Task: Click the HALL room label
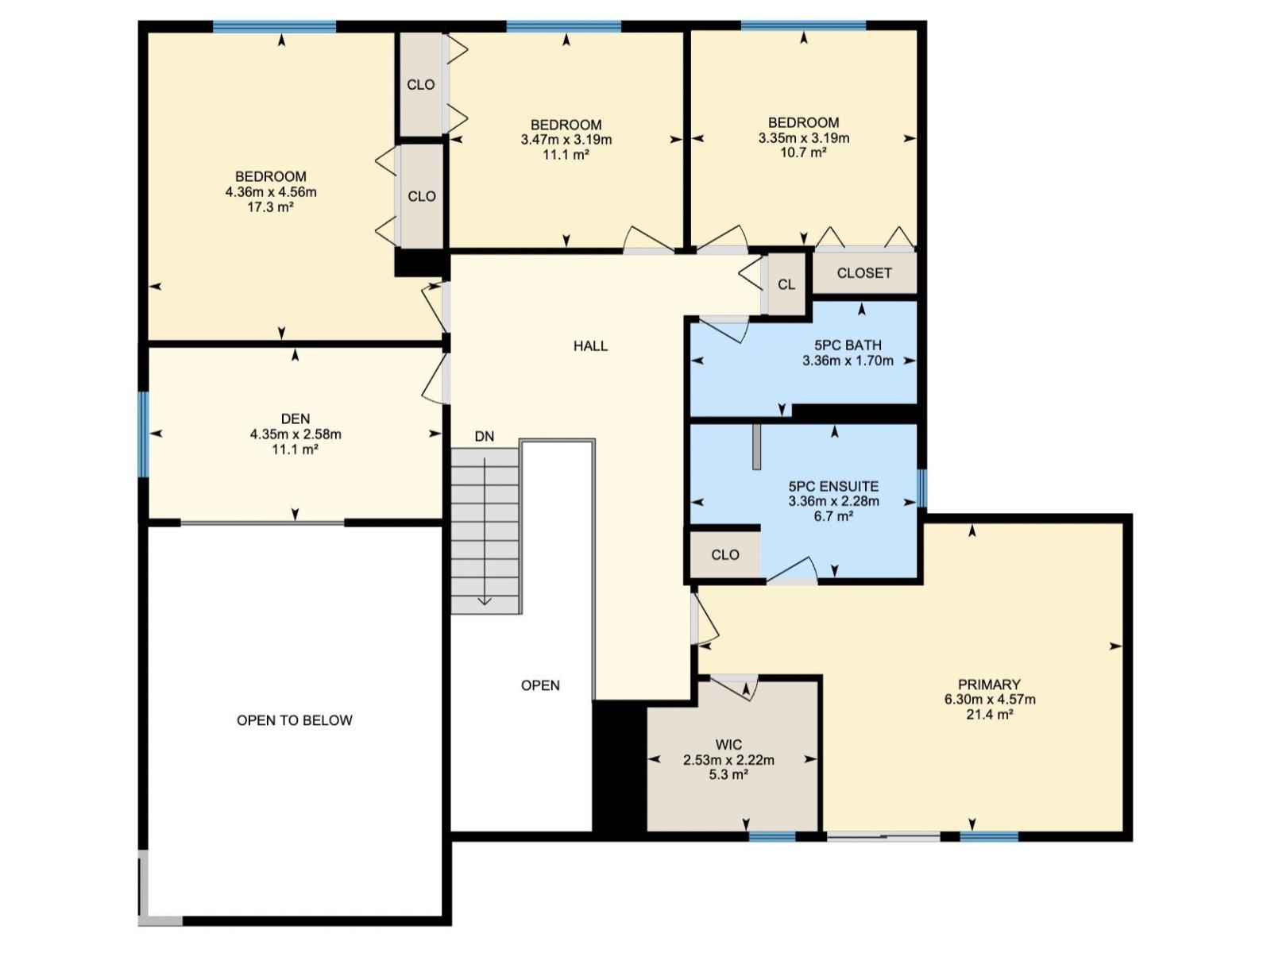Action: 590,345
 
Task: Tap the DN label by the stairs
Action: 484,436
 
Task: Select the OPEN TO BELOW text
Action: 295,720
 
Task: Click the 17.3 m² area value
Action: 271,207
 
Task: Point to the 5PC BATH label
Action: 848,345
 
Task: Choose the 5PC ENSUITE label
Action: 833,486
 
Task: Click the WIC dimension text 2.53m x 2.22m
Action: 728,760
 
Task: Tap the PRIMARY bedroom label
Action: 989,685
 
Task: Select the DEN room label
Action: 296,419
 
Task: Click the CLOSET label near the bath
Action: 864,272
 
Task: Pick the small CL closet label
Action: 786,284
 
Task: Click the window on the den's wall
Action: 144,434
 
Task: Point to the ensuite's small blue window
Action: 922,488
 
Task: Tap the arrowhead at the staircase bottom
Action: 485,600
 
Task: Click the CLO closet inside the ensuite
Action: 724,554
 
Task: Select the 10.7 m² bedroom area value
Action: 803,152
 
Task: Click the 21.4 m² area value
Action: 989,714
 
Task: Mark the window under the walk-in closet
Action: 772,836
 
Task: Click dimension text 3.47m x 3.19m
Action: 566,140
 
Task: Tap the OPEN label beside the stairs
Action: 540,685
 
